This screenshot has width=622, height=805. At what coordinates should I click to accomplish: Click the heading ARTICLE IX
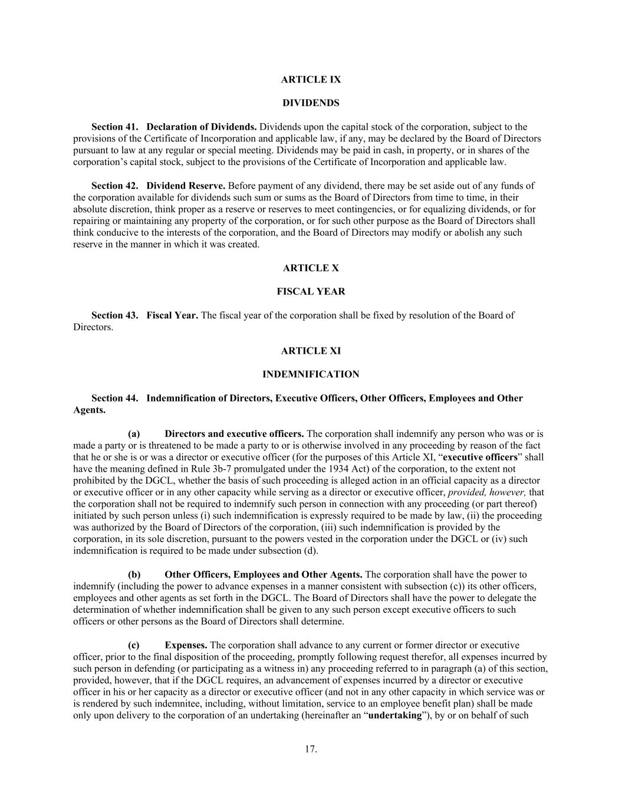(x=311, y=80)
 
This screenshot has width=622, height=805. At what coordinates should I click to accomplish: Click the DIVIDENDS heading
(x=311, y=103)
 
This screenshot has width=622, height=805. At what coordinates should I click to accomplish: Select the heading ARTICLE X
(x=311, y=268)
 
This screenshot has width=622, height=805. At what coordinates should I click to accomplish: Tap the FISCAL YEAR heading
(x=311, y=292)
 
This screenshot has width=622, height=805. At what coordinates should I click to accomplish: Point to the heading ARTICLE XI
(x=311, y=351)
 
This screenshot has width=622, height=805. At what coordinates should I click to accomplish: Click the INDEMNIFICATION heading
(x=311, y=374)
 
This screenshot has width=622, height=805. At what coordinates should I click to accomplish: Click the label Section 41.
(x=114, y=127)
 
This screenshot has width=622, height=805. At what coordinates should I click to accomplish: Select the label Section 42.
(x=114, y=186)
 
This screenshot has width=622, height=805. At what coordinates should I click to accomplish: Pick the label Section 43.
(x=114, y=316)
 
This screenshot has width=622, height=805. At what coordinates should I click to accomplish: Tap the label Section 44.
(x=114, y=398)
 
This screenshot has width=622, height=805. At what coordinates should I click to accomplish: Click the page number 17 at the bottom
(x=311, y=750)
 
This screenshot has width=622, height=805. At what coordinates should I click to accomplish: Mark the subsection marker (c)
(x=134, y=645)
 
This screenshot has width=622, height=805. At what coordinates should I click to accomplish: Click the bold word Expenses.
(x=186, y=645)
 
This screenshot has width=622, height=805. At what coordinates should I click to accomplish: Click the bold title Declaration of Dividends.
(x=202, y=127)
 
